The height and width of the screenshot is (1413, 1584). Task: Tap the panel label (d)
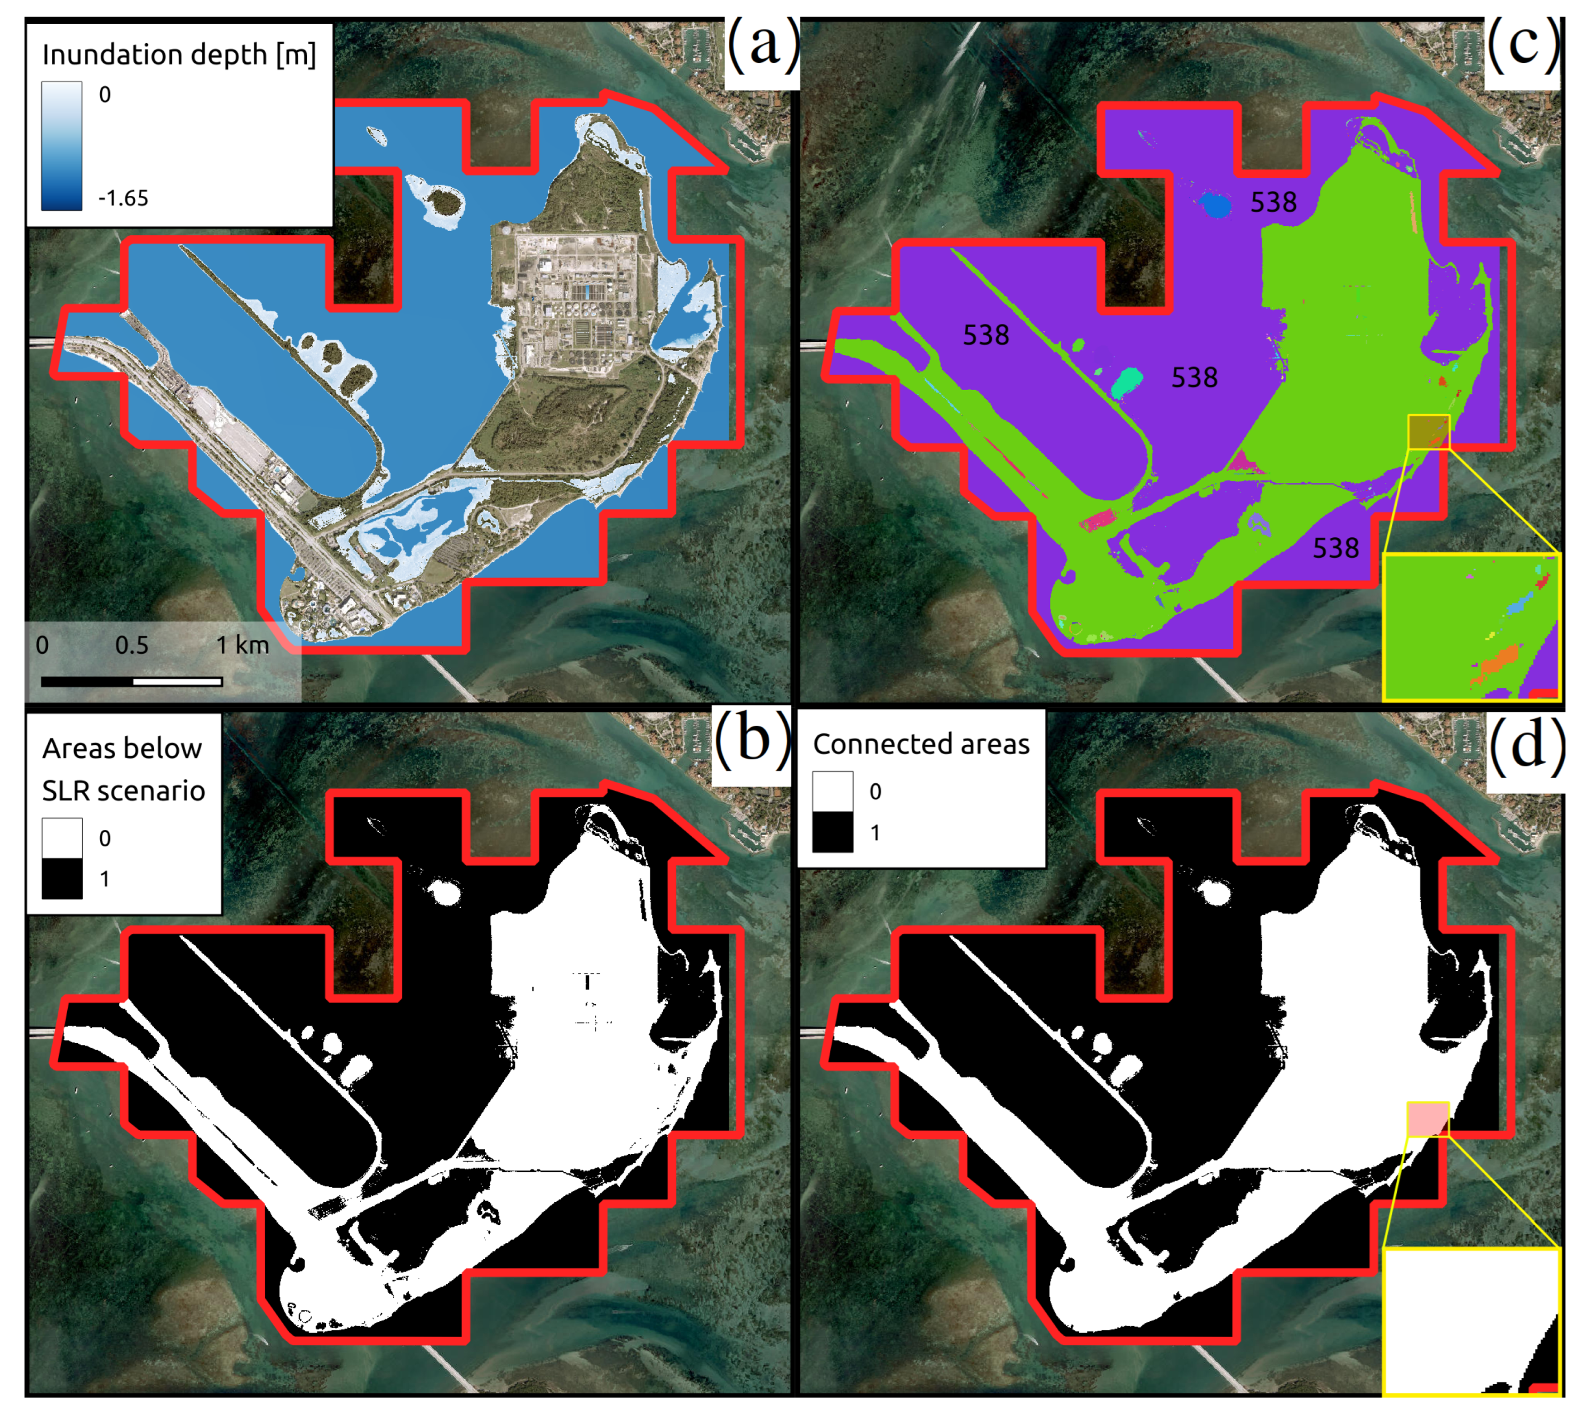click(1526, 746)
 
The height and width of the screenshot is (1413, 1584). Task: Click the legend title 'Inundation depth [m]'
click(179, 55)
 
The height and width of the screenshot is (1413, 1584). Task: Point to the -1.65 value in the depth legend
click(123, 199)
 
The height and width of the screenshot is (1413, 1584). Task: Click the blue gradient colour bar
click(61, 146)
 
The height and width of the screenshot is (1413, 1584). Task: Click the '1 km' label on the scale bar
click(242, 645)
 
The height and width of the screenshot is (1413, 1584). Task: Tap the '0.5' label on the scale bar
click(131, 645)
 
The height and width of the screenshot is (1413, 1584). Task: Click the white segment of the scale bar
click(178, 681)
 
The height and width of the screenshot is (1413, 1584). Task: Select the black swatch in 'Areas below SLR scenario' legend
click(62, 878)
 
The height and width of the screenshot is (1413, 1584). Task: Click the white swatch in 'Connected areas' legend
click(833, 792)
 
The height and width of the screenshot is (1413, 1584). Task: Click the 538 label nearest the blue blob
click(1273, 203)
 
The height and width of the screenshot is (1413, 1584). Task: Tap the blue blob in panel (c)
click(1215, 206)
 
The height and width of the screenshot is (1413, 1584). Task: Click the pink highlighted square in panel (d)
click(1428, 1119)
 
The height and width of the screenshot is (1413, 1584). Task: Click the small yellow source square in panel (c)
click(1428, 432)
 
